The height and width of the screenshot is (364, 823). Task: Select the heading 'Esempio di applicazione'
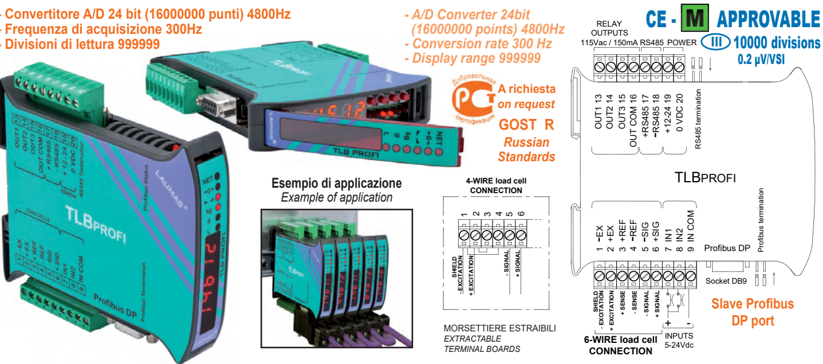click(x=336, y=184)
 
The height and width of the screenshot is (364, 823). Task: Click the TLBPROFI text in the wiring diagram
click(x=705, y=177)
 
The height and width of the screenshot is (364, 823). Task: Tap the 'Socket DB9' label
click(x=725, y=281)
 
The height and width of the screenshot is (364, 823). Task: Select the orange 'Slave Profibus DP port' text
click(x=752, y=311)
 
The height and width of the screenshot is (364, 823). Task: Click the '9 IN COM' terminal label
click(x=691, y=231)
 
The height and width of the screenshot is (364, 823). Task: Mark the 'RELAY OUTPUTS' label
click(x=609, y=28)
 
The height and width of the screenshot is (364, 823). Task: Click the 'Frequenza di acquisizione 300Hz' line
click(x=102, y=29)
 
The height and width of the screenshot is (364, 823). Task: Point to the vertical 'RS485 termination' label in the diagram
click(x=698, y=118)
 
